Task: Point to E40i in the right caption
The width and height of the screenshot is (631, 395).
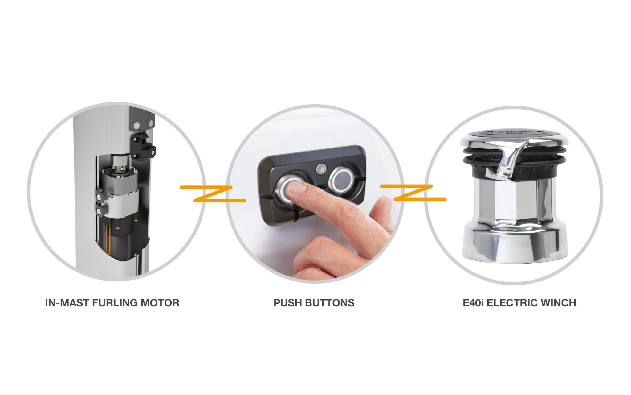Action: pos(473,303)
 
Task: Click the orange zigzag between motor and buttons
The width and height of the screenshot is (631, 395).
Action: pos(213,194)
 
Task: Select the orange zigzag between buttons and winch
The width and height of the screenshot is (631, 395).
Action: pos(413,193)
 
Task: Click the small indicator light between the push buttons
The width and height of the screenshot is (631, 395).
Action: pos(321,168)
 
